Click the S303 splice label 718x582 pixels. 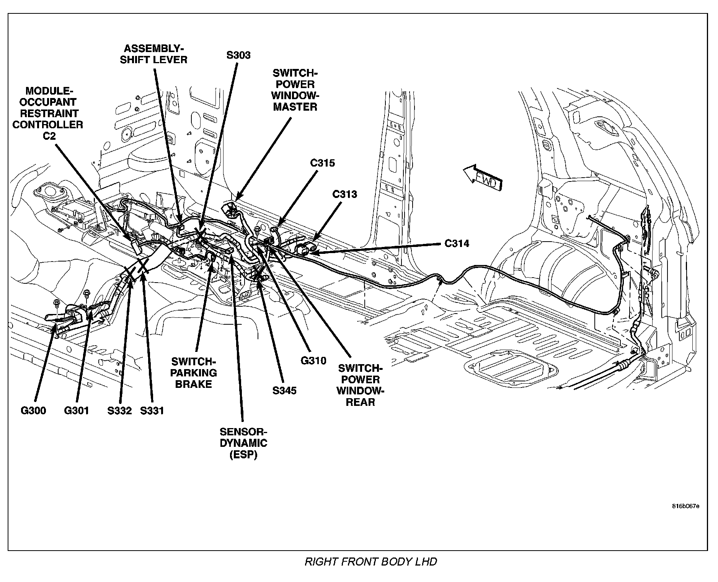coord(238,55)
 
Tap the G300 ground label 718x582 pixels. coord(33,411)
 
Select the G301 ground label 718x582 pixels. coord(76,411)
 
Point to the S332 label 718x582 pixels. coord(119,411)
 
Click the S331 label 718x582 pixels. coord(152,411)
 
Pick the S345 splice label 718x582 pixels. coord(284,391)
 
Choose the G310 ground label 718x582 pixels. coord(313,361)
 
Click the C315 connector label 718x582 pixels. coord(322,163)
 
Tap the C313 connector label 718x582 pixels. coord(344,194)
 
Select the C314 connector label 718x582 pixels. coord(457,244)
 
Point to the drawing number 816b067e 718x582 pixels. coord(685,506)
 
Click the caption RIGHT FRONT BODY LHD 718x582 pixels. coord(370,562)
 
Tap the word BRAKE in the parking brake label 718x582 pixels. coord(193,384)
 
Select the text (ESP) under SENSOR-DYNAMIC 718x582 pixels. coord(243,454)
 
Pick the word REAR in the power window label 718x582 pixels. coord(360,402)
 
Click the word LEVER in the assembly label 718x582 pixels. coord(169,60)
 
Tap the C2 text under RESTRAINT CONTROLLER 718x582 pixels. coord(49,136)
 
